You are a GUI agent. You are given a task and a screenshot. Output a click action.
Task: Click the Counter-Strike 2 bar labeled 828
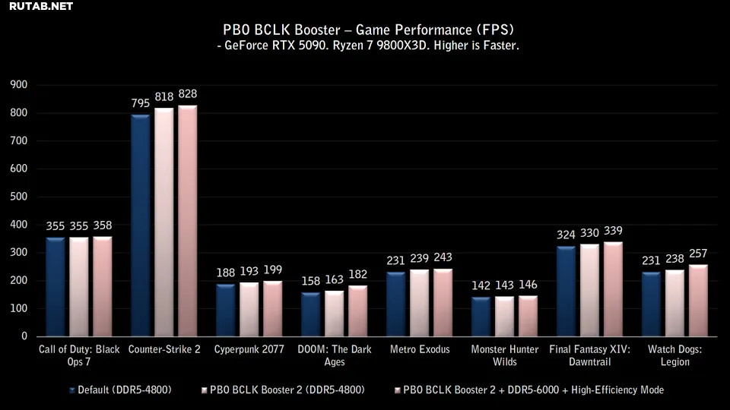point(188,220)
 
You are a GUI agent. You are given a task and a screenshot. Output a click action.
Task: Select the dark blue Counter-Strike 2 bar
point(140,225)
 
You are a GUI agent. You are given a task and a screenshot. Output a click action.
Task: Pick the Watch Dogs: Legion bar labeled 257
point(698,300)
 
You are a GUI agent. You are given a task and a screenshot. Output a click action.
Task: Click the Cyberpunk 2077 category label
point(249,349)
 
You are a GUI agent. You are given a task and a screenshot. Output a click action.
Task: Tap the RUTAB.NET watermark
point(42,8)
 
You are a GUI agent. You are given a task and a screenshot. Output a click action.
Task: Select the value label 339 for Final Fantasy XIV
point(613,232)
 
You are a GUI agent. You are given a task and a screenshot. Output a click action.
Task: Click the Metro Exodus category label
point(420,349)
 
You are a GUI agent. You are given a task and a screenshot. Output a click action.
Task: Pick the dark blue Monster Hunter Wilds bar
point(481,317)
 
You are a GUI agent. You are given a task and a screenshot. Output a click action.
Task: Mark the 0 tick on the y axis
point(24,336)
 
